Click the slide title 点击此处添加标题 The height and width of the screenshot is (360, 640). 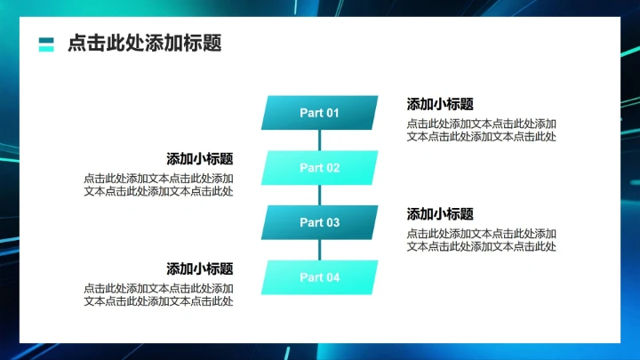144,44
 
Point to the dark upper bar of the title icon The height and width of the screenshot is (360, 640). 47,39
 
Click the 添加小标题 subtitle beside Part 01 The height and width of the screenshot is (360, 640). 440,104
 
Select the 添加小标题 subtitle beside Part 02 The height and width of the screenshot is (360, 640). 200,159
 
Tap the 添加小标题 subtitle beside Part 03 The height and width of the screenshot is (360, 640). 440,214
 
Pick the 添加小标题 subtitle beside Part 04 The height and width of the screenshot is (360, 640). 200,268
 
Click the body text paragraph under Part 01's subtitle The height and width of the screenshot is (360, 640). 482,130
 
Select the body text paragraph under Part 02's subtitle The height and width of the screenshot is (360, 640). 159,185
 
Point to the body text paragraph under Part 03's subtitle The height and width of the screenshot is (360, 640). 482,240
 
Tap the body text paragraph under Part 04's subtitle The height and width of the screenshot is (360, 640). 159,295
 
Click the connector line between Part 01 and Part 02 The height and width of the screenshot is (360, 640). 319,140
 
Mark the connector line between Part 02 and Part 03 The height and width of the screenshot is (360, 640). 319,196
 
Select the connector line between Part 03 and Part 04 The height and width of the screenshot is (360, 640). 319,250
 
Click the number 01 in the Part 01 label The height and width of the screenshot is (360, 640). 332,113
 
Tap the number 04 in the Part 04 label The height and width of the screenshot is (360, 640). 332,277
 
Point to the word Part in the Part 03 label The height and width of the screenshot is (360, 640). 310,222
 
